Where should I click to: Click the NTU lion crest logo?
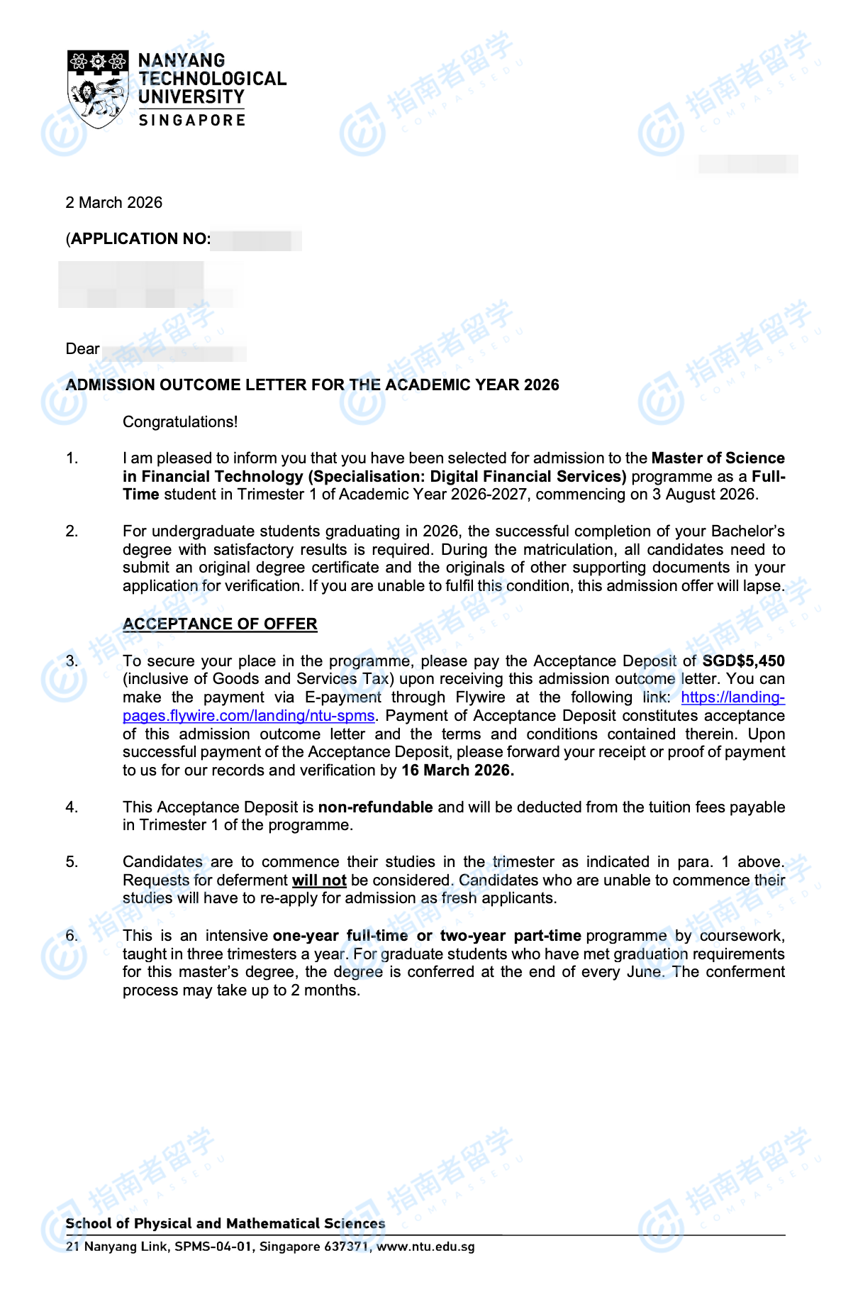pos(97,89)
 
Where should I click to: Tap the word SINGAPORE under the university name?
pos(191,121)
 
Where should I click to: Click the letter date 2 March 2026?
pos(114,203)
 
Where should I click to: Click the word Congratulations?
pos(180,422)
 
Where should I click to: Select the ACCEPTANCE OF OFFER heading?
pos(220,624)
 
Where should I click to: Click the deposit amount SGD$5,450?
pos(743,661)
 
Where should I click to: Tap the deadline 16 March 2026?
pos(457,771)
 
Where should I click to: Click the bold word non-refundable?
pos(375,807)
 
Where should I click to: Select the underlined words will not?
pos(319,881)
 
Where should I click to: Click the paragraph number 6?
pos(72,936)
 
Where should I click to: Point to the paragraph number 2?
pos(72,531)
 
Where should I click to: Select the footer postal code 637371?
pos(346,1247)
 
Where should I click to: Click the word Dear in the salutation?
pos(82,349)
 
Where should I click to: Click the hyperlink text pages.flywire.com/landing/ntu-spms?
pos(248,716)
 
